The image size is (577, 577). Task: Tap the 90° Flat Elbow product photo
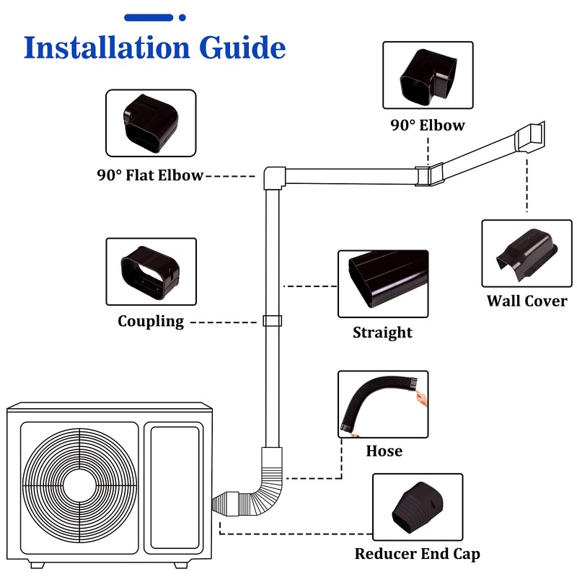tap(151, 123)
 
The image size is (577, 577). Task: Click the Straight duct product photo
tap(383, 283)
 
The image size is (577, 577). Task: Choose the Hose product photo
tap(383, 404)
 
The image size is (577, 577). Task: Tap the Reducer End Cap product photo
tap(417, 507)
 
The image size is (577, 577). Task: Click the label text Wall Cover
tap(527, 301)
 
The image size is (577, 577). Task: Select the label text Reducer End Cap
tap(417, 554)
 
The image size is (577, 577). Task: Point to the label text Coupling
tap(151, 321)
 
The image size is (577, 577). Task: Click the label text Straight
tap(383, 332)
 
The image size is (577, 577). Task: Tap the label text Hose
tap(384, 451)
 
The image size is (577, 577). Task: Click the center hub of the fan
tap(79, 483)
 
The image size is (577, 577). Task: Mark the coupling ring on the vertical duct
tap(272, 322)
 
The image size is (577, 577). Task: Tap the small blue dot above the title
tap(182, 17)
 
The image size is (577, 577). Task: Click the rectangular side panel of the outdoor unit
tap(173, 487)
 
